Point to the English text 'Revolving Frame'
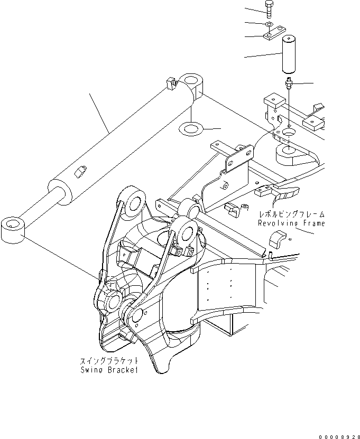pos(291,223)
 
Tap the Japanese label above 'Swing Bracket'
pos(109,361)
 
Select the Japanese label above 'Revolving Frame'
pos(291,214)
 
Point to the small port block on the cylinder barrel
pos(81,172)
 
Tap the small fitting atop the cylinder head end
pos(170,83)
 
